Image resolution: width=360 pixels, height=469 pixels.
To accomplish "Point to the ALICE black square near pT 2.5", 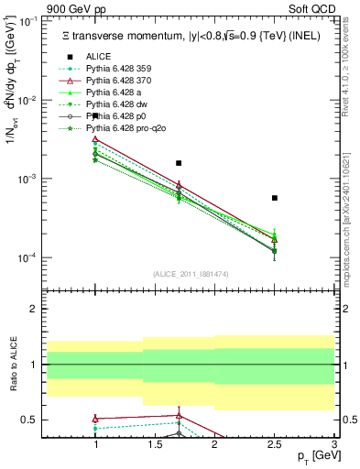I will [x=275, y=198].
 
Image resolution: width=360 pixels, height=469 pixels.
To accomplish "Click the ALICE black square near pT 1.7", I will [x=179, y=163].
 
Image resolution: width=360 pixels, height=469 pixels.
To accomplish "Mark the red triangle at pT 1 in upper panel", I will [x=95, y=139].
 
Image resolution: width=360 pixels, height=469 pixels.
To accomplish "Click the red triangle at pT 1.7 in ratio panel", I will [x=179, y=415].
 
